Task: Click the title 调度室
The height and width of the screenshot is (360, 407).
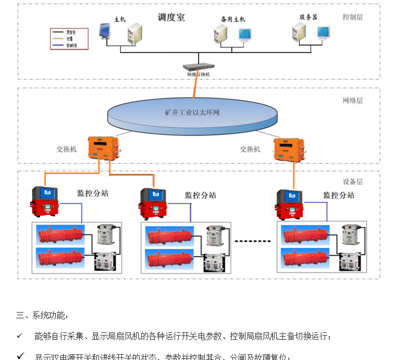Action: point(171,18)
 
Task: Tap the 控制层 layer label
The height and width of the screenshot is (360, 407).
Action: point(352,17)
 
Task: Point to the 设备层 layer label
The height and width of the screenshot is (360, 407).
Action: point(352,182)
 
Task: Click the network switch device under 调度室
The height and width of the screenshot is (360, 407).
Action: point(199,67)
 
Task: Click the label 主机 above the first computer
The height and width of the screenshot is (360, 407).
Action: point(119,19)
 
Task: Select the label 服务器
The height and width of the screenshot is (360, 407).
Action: point(309,17)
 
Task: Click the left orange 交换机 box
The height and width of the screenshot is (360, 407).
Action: point(103,148)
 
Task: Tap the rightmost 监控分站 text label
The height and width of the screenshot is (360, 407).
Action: point(339,195)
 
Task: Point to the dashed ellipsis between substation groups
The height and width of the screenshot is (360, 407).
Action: point(253,241)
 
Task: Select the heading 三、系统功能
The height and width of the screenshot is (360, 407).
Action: point(42,315)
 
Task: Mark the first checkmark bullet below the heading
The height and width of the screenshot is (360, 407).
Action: point(19,335)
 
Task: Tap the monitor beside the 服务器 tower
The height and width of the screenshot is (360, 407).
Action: point(324,33)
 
